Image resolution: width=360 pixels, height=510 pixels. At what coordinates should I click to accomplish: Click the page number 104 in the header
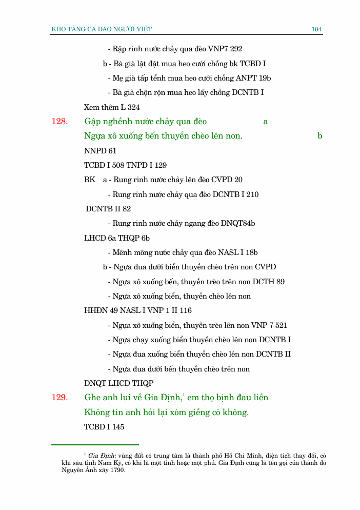click(x=316, y=29)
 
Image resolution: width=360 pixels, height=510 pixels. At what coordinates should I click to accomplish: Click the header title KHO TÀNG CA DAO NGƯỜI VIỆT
click(x=102, y=29)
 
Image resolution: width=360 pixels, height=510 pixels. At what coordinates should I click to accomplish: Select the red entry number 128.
click(x=59, y=122)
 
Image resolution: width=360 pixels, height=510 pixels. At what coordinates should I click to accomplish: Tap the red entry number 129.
click(x=59, y=398)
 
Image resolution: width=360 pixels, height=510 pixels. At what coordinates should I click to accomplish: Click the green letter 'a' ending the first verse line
click(x=266, y=122)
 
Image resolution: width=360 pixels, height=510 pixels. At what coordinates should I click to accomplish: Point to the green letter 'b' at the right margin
click(x=319, y=136)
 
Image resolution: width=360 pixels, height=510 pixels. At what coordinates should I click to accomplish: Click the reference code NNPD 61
click(x=100, y=151)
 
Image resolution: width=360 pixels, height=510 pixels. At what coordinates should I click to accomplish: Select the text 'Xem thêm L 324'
click(x=112, y=107)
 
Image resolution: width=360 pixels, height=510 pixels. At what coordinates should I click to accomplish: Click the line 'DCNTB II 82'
click(x=108, y=209)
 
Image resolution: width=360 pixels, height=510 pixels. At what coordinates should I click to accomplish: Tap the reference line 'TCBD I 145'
click(x=104, y=427)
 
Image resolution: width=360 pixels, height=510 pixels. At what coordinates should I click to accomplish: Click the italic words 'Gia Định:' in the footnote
click(x=103, y=456)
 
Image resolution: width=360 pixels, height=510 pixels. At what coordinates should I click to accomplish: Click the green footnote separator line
click(x=95, y=445)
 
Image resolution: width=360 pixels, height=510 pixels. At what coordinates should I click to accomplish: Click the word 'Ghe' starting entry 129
click(x=93, y=398)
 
